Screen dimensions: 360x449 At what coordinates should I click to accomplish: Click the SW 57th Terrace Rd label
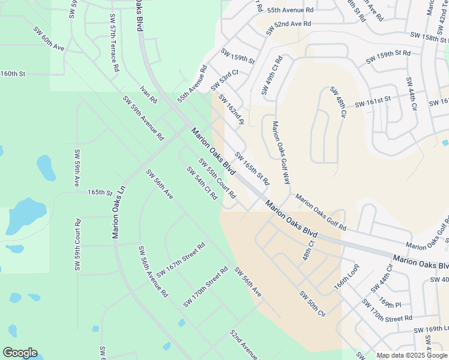pyautogui.click(x=112, y=45)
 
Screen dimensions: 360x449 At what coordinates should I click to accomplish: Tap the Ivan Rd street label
pyautogui.click(x=148, y=93)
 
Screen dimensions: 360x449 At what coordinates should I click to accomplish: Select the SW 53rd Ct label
pyautogui.click(x=224, y=80)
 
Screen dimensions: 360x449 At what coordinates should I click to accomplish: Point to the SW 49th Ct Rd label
pyautogui.click(x=271, y=76)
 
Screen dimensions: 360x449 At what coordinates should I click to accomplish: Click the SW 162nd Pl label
pyautogui.click(x=231, y=109)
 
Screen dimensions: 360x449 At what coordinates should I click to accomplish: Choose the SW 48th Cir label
pyautogui.click(x=337, y=102)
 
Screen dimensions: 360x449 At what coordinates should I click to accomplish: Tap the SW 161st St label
pyautogui.click(x=372, y=102)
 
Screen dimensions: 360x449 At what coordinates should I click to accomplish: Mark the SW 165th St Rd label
pyautogui.click(x=252, y=168)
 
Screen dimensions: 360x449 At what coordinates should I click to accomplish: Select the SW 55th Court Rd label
pyautogui.click(x=217, y=179)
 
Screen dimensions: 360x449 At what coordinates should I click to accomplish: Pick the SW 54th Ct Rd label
pyautogui.click(x=202, y=184)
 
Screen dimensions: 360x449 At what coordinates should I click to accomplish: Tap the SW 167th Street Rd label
pyautogui.click(x=181, y=260)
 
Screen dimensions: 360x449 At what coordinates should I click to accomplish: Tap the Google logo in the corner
pyautogui.click(x=20, y=353)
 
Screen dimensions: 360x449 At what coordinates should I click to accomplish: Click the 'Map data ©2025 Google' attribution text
pyautogui.click(x=412, y=355)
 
